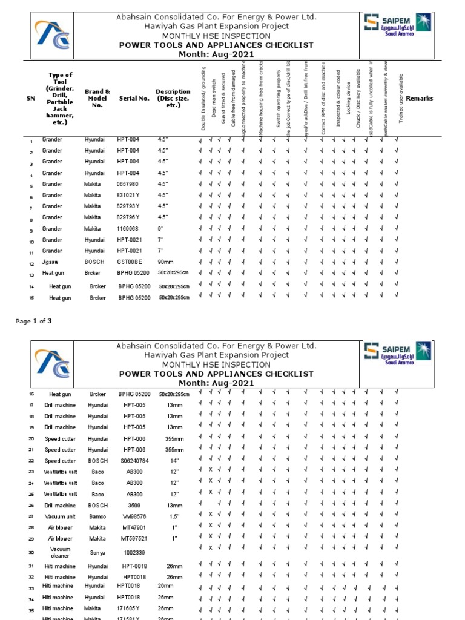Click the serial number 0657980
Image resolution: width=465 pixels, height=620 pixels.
[x=128, y=184]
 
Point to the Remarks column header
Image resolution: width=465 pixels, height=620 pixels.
[x=419, y=98]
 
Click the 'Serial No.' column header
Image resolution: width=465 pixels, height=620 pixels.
[x=134, y=98]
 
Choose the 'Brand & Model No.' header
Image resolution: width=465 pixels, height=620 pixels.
[x=97, y=98]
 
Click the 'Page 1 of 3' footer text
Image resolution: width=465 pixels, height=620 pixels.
[x=33, y=321]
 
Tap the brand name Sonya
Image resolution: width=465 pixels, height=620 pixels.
[x=97, y=552]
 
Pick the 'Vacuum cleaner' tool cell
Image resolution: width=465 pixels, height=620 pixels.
[x=60, y=552]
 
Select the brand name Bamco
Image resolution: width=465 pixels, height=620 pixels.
[x=97, y=516]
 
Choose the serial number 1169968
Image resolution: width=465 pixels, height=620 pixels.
[x=128, y=229]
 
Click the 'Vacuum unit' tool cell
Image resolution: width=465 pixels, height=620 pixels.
[x=60, y=516]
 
